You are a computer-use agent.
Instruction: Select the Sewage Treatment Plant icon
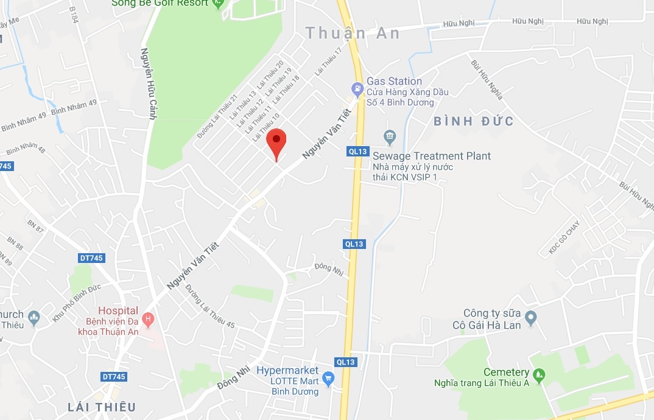[x=390, y=135]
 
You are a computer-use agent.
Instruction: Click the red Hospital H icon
[x=147, y=318]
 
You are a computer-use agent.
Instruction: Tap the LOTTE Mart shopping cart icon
[x=328, y=379]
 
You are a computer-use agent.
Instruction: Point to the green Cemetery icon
[x=538, y=373]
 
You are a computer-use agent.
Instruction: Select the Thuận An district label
[x=353, y=33]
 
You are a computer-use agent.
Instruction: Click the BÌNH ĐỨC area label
[x=474, y=121]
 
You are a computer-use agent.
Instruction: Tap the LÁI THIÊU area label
[x=102, y=407]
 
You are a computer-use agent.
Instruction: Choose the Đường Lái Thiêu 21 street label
[x=217, y=117]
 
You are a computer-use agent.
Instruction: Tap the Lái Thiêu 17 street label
[x=329, y=61]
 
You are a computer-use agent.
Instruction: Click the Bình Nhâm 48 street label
[x=26, y=148]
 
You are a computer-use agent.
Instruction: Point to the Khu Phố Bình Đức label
[x=76, y=304]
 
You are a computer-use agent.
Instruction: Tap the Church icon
[x=34, y=317]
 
